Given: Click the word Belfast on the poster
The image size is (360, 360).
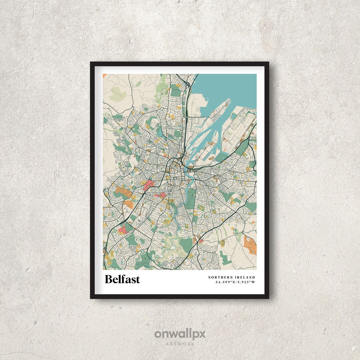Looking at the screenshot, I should tap(122, 279).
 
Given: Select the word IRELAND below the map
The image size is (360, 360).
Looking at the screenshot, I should tap(245, 277).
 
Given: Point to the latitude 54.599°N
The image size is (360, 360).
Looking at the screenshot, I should tap(225, 283).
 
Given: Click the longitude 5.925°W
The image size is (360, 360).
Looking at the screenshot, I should tap(246, 283).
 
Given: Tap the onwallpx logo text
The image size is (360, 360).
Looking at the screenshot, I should tap(180, 334).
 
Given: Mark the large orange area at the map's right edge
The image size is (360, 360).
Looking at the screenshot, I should tap(250, 245).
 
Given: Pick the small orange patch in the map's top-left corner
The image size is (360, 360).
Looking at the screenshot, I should tap(104, 76).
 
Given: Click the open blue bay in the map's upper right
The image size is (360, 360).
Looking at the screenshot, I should tap(227, 87).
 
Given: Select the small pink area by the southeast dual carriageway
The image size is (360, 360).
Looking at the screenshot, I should tap(200, 241).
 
